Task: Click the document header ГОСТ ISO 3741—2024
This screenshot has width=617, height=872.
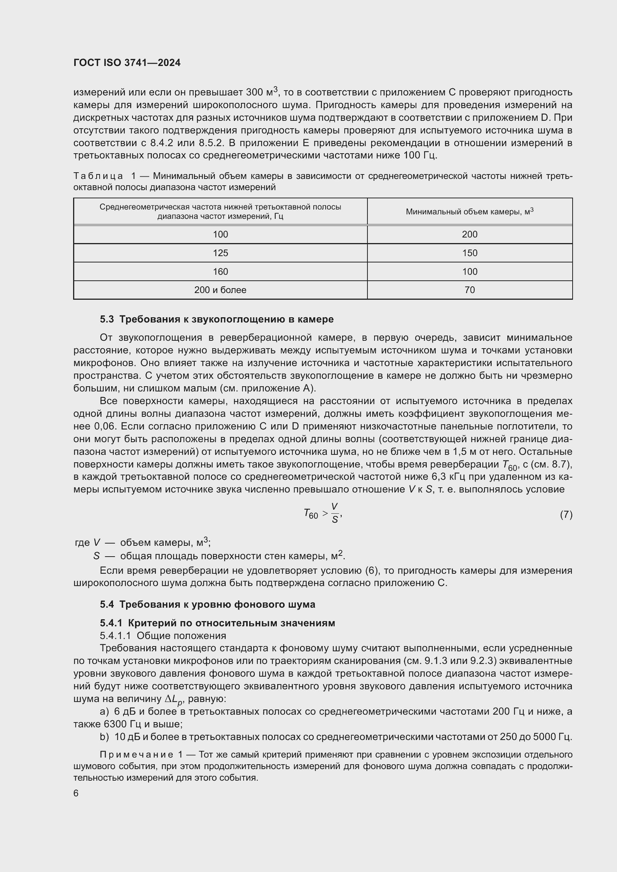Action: click(x=127, y=63)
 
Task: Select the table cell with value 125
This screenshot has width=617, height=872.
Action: click(x=220, y=253)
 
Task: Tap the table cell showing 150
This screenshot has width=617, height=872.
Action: click(x=470, y=253)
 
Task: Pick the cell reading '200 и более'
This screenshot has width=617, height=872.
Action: click(x=220, y=290)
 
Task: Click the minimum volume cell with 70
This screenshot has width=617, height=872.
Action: click(x=470, y=290)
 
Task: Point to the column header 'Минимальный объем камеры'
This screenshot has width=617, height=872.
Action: click(x=470, y=211)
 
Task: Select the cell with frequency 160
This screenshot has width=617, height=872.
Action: click(x=220, y=271)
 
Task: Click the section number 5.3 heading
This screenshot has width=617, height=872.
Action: click(x=107, y=319)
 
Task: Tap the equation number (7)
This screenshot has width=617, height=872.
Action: click(x=566, y=514)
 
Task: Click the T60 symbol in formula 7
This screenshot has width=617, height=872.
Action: click(x=311, y=514)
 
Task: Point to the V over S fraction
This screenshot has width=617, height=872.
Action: click(x=334, y=513)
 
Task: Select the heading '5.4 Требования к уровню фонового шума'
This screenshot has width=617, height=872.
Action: click(x=207, y=604)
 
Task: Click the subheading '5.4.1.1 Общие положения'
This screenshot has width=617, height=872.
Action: click(x=163, y=636)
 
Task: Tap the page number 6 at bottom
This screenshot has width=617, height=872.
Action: click(x=76, y=793)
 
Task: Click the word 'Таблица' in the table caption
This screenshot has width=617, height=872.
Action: click(x=98, y=176)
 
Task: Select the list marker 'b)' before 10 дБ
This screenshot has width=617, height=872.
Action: click(x=104, y=737)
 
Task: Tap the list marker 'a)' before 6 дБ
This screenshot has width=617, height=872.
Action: click(x=104, y=712)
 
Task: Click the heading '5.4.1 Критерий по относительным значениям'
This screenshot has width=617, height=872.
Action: click(x=217, y=623)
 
